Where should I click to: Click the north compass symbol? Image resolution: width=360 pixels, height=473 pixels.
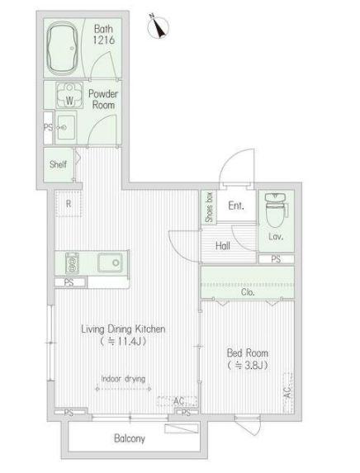[158, 26]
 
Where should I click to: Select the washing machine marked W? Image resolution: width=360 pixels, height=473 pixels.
[69, 95]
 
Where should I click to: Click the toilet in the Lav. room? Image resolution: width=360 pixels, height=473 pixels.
[275, 210]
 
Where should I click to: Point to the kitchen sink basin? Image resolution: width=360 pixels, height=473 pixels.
[110, 263]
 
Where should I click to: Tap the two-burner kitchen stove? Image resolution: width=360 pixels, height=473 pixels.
[72, 263]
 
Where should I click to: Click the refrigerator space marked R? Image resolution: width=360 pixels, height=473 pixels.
[69, 204]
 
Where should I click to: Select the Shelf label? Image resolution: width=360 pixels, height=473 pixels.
[58, 164]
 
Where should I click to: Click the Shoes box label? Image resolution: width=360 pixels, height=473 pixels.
[209, 207]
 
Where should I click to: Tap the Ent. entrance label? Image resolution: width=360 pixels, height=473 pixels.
[236, 206]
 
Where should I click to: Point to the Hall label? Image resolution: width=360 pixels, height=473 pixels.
[223, 246]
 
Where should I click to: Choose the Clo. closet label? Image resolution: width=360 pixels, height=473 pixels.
[248, 292]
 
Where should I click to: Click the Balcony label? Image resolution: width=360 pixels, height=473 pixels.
[130, 438]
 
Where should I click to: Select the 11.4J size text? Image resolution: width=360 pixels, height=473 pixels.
[123, 342]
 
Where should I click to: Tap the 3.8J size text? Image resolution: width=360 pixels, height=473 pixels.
[248, 366]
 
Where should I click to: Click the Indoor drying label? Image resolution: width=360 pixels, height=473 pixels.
[123, 379]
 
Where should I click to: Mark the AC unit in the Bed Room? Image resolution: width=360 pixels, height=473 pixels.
[288, 392]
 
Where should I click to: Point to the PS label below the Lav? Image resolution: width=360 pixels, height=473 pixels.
[276, 259]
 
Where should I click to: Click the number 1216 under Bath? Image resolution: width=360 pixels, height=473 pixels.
[103, 40]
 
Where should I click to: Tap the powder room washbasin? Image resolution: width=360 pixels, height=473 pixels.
[66, 127]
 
